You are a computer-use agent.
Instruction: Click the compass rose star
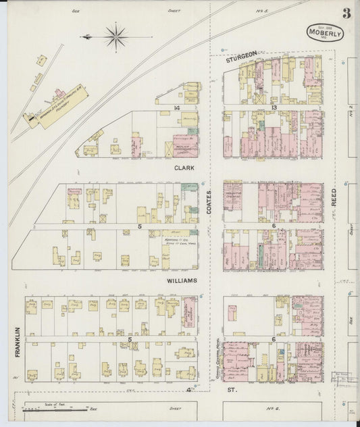[116, 35]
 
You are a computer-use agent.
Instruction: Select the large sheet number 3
[346, 14]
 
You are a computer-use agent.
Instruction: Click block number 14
[178, 108]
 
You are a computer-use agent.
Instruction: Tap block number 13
[274, 108]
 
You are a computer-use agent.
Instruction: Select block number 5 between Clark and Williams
[140, 226]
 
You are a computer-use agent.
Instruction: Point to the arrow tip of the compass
[82, 36]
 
